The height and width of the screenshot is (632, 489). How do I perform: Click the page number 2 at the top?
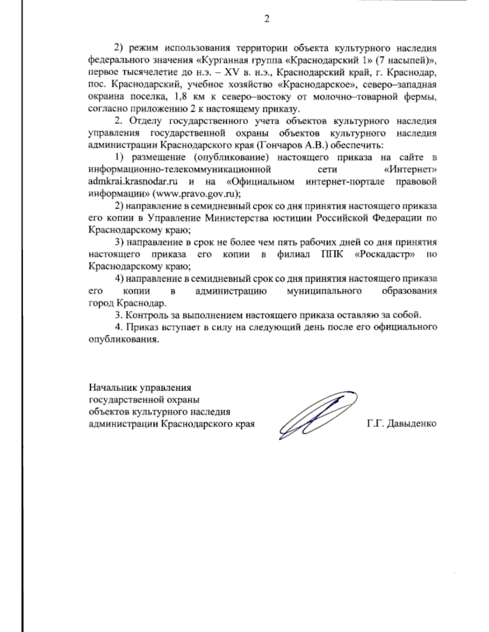click(x=267, y=19)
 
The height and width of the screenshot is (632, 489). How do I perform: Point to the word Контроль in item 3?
click(x=145, y=315)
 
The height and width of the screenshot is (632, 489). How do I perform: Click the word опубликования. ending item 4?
click(x=123, y=339)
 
